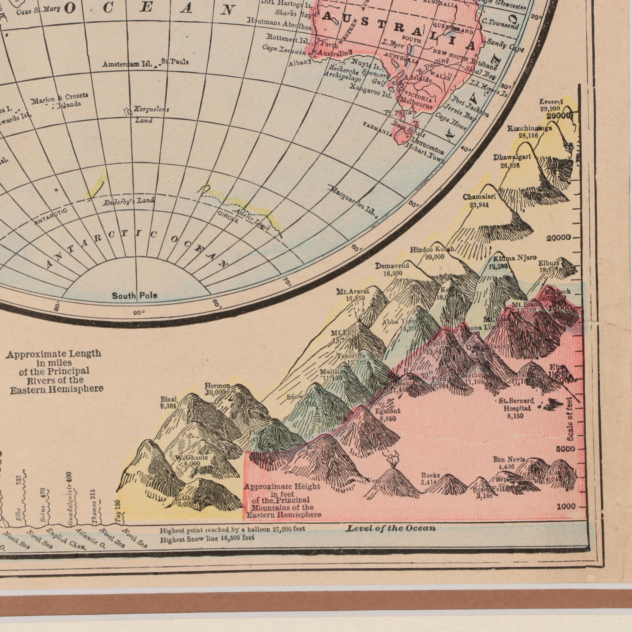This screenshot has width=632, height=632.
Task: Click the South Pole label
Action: (x=134, y=296)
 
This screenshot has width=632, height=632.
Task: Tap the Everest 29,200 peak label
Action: (x=551, y=105)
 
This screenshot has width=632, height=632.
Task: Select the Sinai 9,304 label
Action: (x=169, y=403)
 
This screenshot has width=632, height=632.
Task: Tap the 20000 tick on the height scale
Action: (x=561, y=238)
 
